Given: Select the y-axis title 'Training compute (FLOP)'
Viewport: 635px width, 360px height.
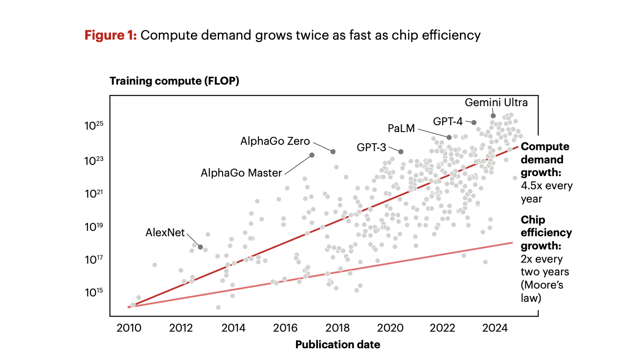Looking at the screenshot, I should click(x=174, y=81).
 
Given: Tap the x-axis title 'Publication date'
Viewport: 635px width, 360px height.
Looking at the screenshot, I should click(x=338, y=344).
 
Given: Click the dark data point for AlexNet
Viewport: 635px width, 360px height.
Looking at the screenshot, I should click(x=200, y=247).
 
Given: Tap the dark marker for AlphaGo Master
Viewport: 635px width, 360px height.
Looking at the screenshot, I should click(x=312, y=155).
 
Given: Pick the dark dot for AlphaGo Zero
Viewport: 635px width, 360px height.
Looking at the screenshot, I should click(x=333, y=152).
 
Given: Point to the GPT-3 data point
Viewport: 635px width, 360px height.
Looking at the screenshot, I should click(x=401, y=152).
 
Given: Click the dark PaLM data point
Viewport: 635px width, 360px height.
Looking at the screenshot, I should click(x=449, y=137).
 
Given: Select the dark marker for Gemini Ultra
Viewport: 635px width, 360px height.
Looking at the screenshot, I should click(x=493, y=116).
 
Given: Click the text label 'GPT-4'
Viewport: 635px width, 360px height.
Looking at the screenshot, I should click(x=448, y=121).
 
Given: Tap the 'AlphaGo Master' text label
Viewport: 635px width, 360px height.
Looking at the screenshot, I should click(x=241, y=173).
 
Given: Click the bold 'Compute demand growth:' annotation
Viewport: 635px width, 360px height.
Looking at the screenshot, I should click(x=545, y=159).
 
